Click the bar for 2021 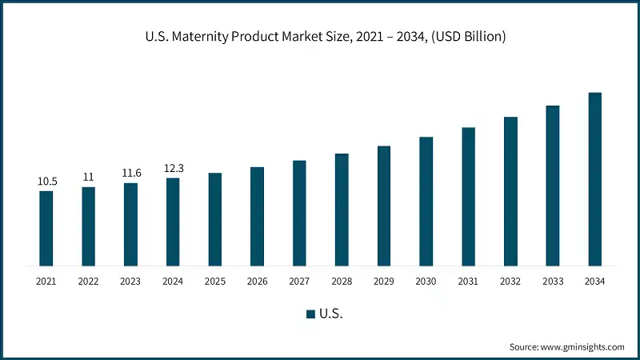46,228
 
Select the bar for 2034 594,178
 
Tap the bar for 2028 342,209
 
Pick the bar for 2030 426,201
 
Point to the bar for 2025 215,218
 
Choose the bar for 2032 510,191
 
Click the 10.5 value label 46,182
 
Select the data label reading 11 88,177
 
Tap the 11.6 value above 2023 130,173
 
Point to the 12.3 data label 173,168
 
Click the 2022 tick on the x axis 88,281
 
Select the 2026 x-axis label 257,281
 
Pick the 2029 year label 383,281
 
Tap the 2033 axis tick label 552,281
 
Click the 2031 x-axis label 468,281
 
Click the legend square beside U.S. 310,314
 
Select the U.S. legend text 330,314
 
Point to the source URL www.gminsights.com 583,346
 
